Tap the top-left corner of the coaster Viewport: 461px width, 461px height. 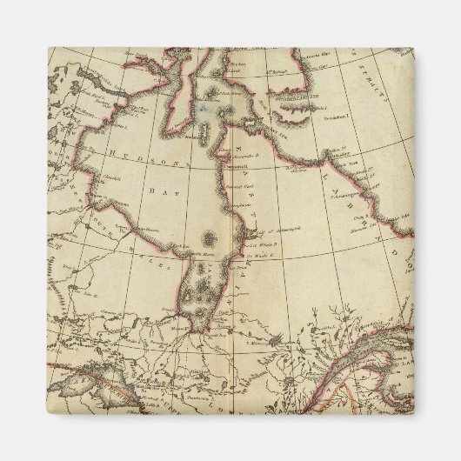point(49,49)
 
